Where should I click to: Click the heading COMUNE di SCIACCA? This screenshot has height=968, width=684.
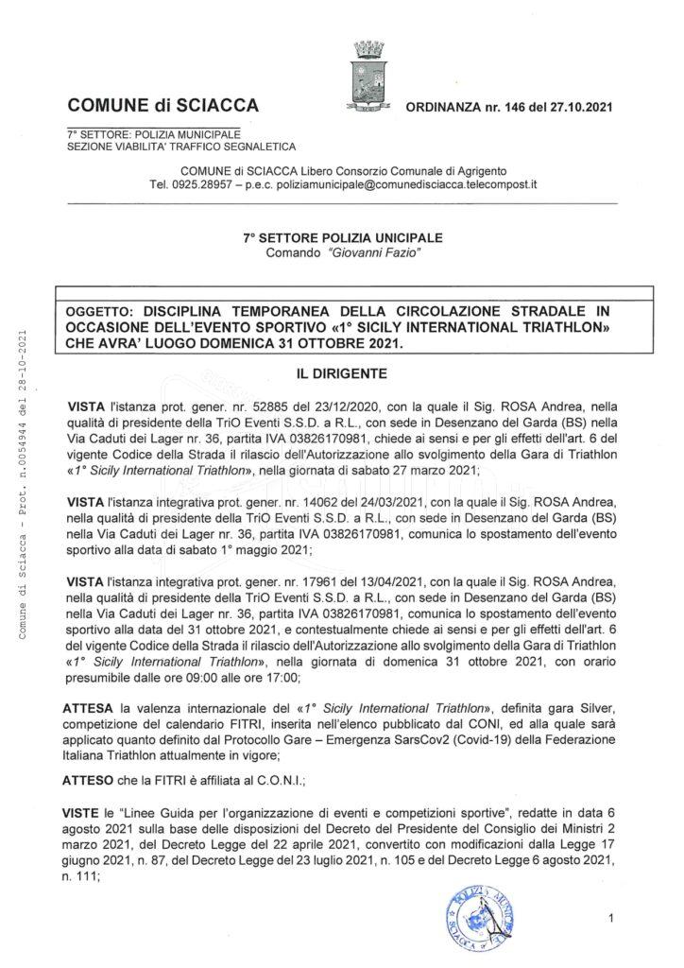tap(163, 104)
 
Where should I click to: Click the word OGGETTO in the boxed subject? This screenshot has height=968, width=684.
tap(100, 309)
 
